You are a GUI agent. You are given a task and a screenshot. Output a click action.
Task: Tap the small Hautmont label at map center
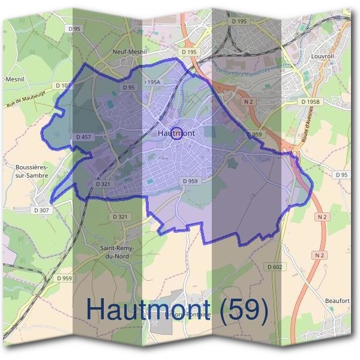pyautogui.click(x=175, y=133)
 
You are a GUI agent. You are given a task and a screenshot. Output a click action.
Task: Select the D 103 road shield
pyautogui.click(x=62, y=86)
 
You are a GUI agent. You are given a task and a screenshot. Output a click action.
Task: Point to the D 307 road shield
pyautogui.click(x=41, y=211)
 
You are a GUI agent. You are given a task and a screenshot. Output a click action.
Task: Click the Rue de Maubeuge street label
pyautogui.click(x=26, y=101)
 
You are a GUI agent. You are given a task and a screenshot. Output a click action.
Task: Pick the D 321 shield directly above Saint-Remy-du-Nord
pyautogui.click(x=120, y=216)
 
